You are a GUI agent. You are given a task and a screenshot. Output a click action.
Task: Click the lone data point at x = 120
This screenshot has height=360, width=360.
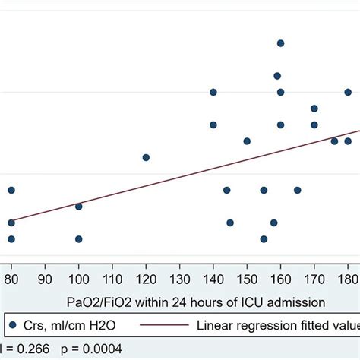click(146, 157)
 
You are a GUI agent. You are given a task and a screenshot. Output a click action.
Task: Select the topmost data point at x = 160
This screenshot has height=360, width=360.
click(280, 43)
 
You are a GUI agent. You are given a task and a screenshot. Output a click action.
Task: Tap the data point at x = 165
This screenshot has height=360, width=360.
click(297, 190)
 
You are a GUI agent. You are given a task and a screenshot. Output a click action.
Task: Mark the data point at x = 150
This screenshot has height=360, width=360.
click(247, 141)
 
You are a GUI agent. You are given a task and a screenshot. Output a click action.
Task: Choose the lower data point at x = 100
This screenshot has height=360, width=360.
click(78, 238)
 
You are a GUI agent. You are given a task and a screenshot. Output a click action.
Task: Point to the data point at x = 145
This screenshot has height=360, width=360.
click(230, 223)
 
